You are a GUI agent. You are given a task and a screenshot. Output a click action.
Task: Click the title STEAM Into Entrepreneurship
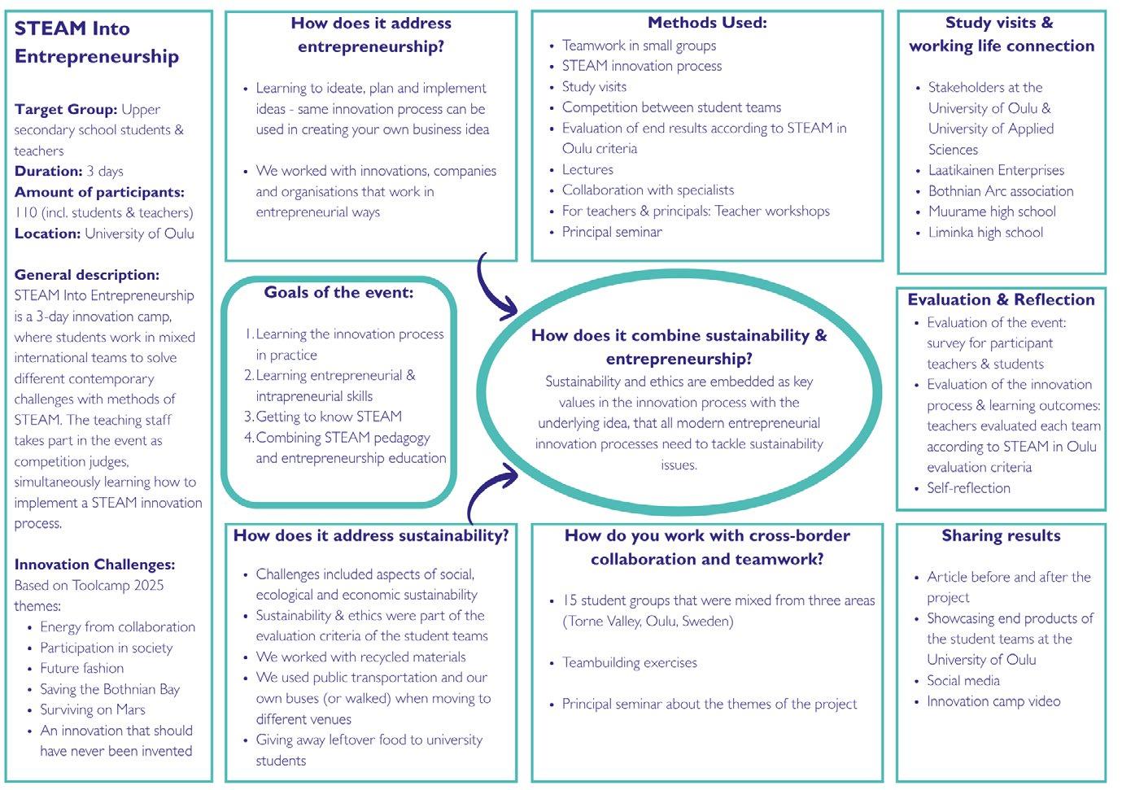click(96, 42)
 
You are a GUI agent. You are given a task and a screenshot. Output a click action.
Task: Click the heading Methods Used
click(707, 23)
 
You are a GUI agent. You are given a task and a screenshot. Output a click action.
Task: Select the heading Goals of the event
click(338, 292)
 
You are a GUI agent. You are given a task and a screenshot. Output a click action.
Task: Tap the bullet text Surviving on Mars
click(93, 709)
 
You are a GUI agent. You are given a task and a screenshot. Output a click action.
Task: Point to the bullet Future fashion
click(82, 668)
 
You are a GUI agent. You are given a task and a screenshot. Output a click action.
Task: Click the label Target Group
click(66, 109)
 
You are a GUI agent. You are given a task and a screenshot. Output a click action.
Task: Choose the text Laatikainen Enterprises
click(996, 170)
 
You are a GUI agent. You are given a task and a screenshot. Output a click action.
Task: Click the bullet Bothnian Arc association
click(1001, 191)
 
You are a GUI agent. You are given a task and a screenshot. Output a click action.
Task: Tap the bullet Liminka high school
click(985, 233)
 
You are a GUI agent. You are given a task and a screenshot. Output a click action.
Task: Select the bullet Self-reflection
click(968, 488)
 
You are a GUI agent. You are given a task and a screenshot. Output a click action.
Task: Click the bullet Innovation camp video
click(993, 701)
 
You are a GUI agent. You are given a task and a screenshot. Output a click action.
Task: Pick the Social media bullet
click(963, 681)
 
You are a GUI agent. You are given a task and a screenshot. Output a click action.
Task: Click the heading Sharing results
click(1001, 535)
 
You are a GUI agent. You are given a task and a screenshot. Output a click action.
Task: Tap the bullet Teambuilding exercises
click(629, 663)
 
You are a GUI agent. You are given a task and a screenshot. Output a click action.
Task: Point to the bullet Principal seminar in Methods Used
click(612, 232)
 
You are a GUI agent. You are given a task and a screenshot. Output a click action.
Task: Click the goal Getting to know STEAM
click(329, 417)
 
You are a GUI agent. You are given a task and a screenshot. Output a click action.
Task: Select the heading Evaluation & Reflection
click(1001, 299)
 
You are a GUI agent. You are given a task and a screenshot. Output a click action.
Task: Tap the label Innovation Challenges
click(94, 565)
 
